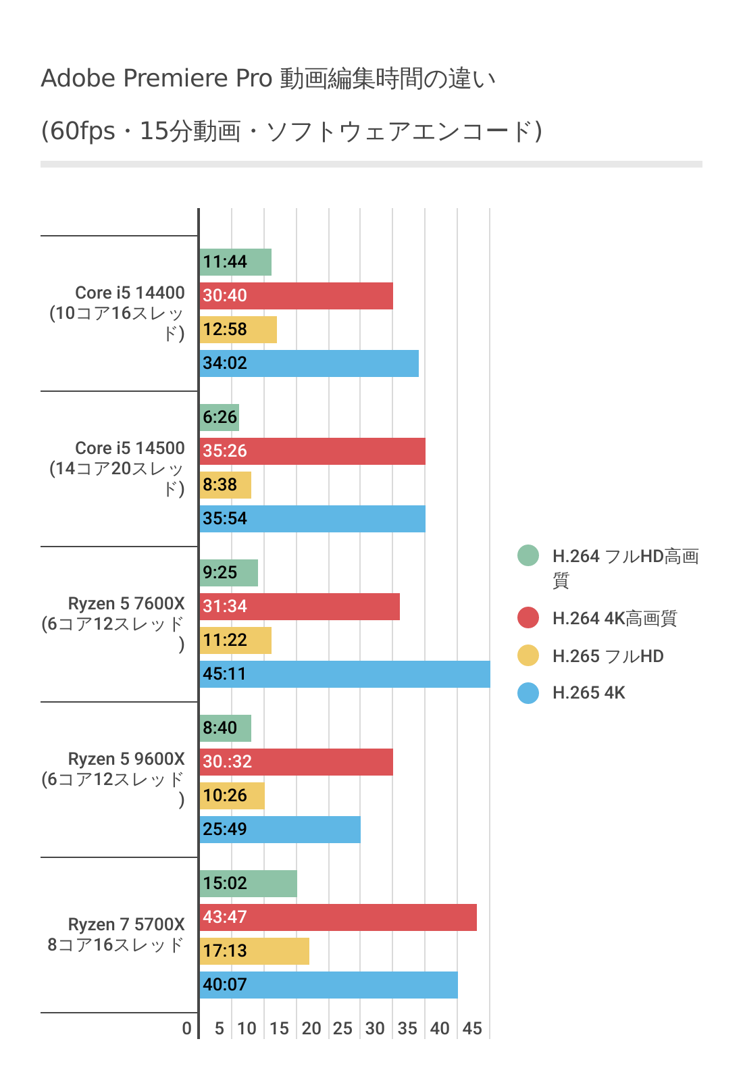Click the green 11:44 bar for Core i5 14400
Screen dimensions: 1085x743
point(236,262)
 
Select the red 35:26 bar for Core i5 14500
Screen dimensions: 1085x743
point(313,451)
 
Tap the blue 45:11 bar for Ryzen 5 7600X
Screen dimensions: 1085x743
point(345,674)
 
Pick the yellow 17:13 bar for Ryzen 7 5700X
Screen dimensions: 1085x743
point(255,951)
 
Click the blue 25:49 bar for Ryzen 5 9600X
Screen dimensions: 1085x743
point(280,830)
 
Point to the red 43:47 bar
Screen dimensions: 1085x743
point(338,917)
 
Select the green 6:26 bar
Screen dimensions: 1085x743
point(220,418)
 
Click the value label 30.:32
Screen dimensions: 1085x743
point(227,762)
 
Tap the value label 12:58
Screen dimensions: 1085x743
point(225,330)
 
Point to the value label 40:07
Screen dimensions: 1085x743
point(225,985)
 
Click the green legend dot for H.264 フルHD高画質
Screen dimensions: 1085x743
point(528,555)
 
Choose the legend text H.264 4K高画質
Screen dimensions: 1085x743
point(614,618)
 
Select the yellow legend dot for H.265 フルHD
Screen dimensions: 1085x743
point(528,655)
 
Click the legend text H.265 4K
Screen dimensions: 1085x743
point(588,692)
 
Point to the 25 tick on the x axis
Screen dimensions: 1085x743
point(342,1028)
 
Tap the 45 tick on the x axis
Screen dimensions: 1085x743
point(472,1028)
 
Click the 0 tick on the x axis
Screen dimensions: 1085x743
point(187,1028)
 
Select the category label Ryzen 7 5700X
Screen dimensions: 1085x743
point(126,924)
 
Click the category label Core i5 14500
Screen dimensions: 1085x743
point(130,448)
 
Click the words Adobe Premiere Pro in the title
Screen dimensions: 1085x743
point(156,78)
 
